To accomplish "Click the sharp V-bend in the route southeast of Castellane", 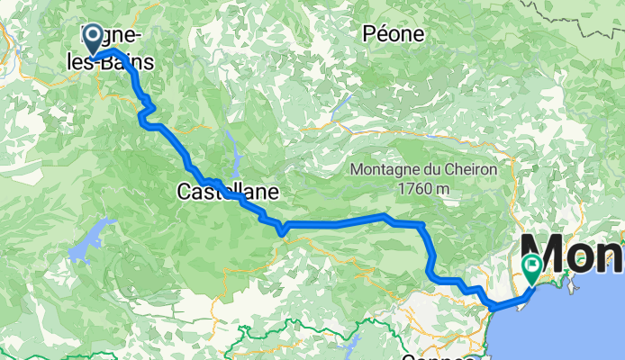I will point(282,232).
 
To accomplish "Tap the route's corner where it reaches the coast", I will point(494,308).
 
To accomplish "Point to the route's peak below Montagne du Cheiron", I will point(385,216).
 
